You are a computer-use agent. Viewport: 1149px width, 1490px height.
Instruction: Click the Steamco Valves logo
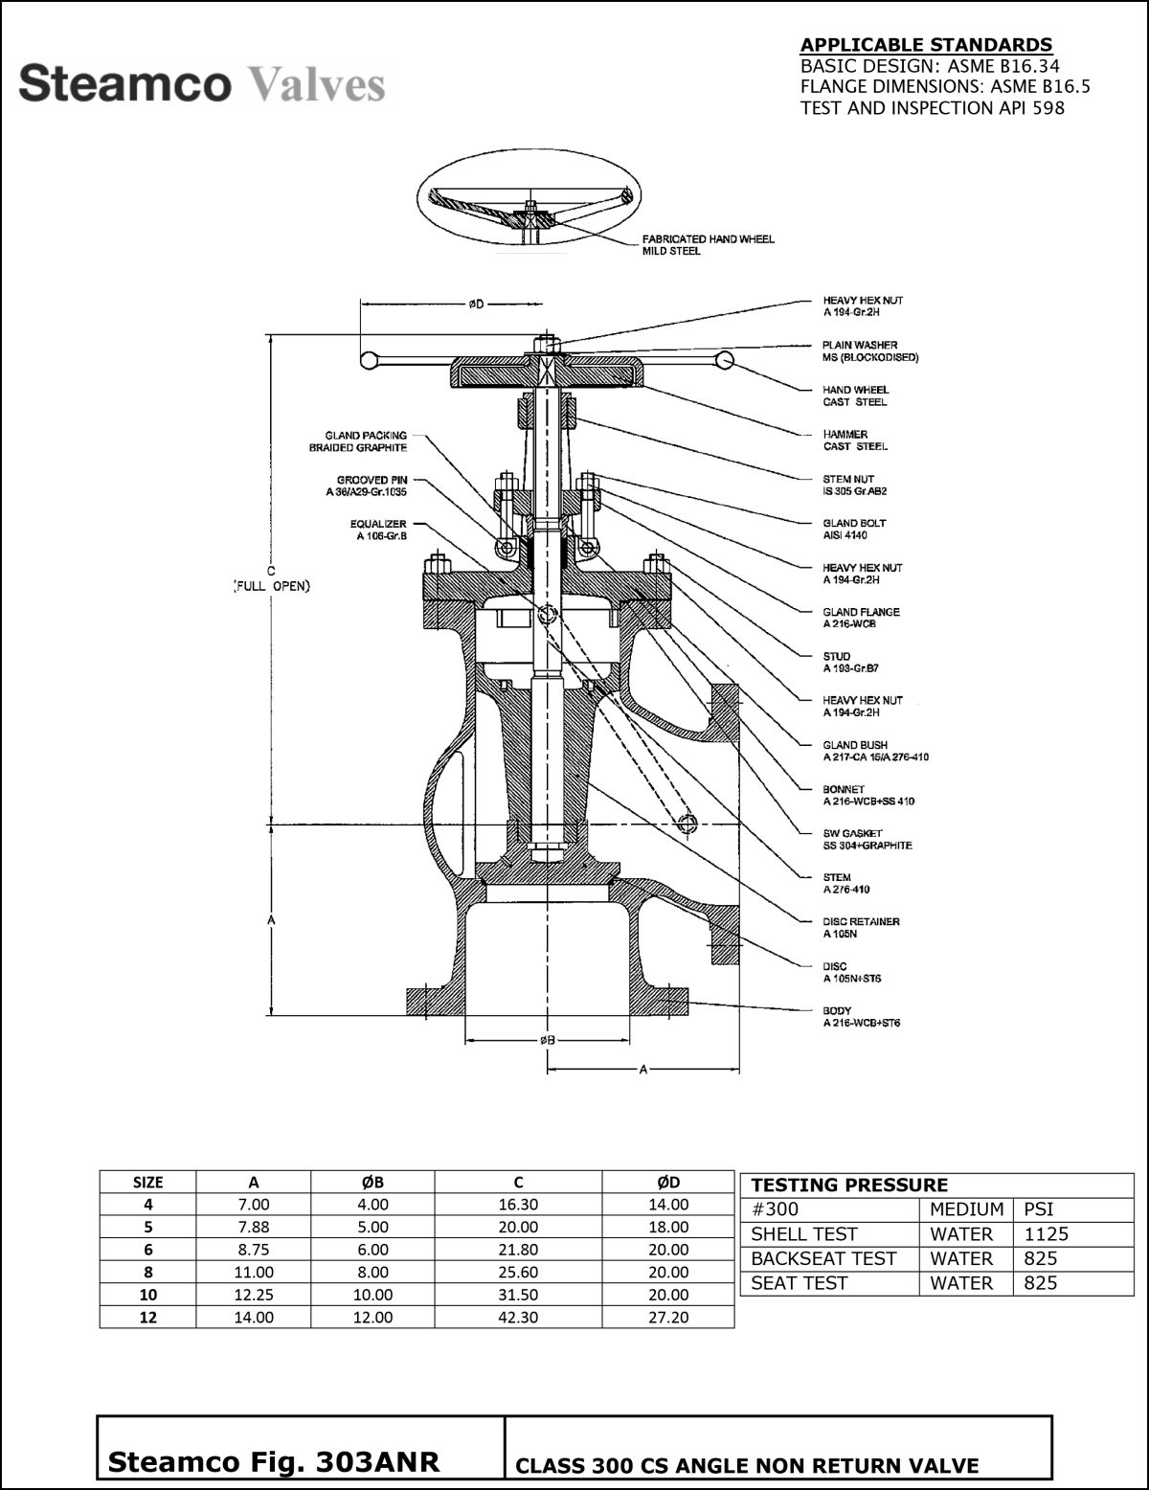click(202, 84)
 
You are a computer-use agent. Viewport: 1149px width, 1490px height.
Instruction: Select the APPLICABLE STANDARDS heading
click(925, 45)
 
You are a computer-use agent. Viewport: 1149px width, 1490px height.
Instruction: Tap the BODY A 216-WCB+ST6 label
click(861, 1017)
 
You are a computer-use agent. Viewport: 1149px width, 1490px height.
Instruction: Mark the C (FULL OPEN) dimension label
click(273, 579)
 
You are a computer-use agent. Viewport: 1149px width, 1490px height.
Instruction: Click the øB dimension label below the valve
click(548, 1040)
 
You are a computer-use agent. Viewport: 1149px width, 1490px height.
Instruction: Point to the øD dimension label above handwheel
click(476, 305)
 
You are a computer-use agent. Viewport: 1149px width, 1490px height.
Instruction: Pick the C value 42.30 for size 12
click(518, 1318)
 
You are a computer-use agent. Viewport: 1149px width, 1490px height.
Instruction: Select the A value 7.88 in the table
click(254, 1228)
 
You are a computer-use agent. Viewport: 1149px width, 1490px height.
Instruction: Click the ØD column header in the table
click(668, 1182)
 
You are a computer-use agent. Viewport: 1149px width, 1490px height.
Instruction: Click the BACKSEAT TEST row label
click(822, 1259)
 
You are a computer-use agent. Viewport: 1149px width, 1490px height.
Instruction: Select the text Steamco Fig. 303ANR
click(274, 1462)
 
